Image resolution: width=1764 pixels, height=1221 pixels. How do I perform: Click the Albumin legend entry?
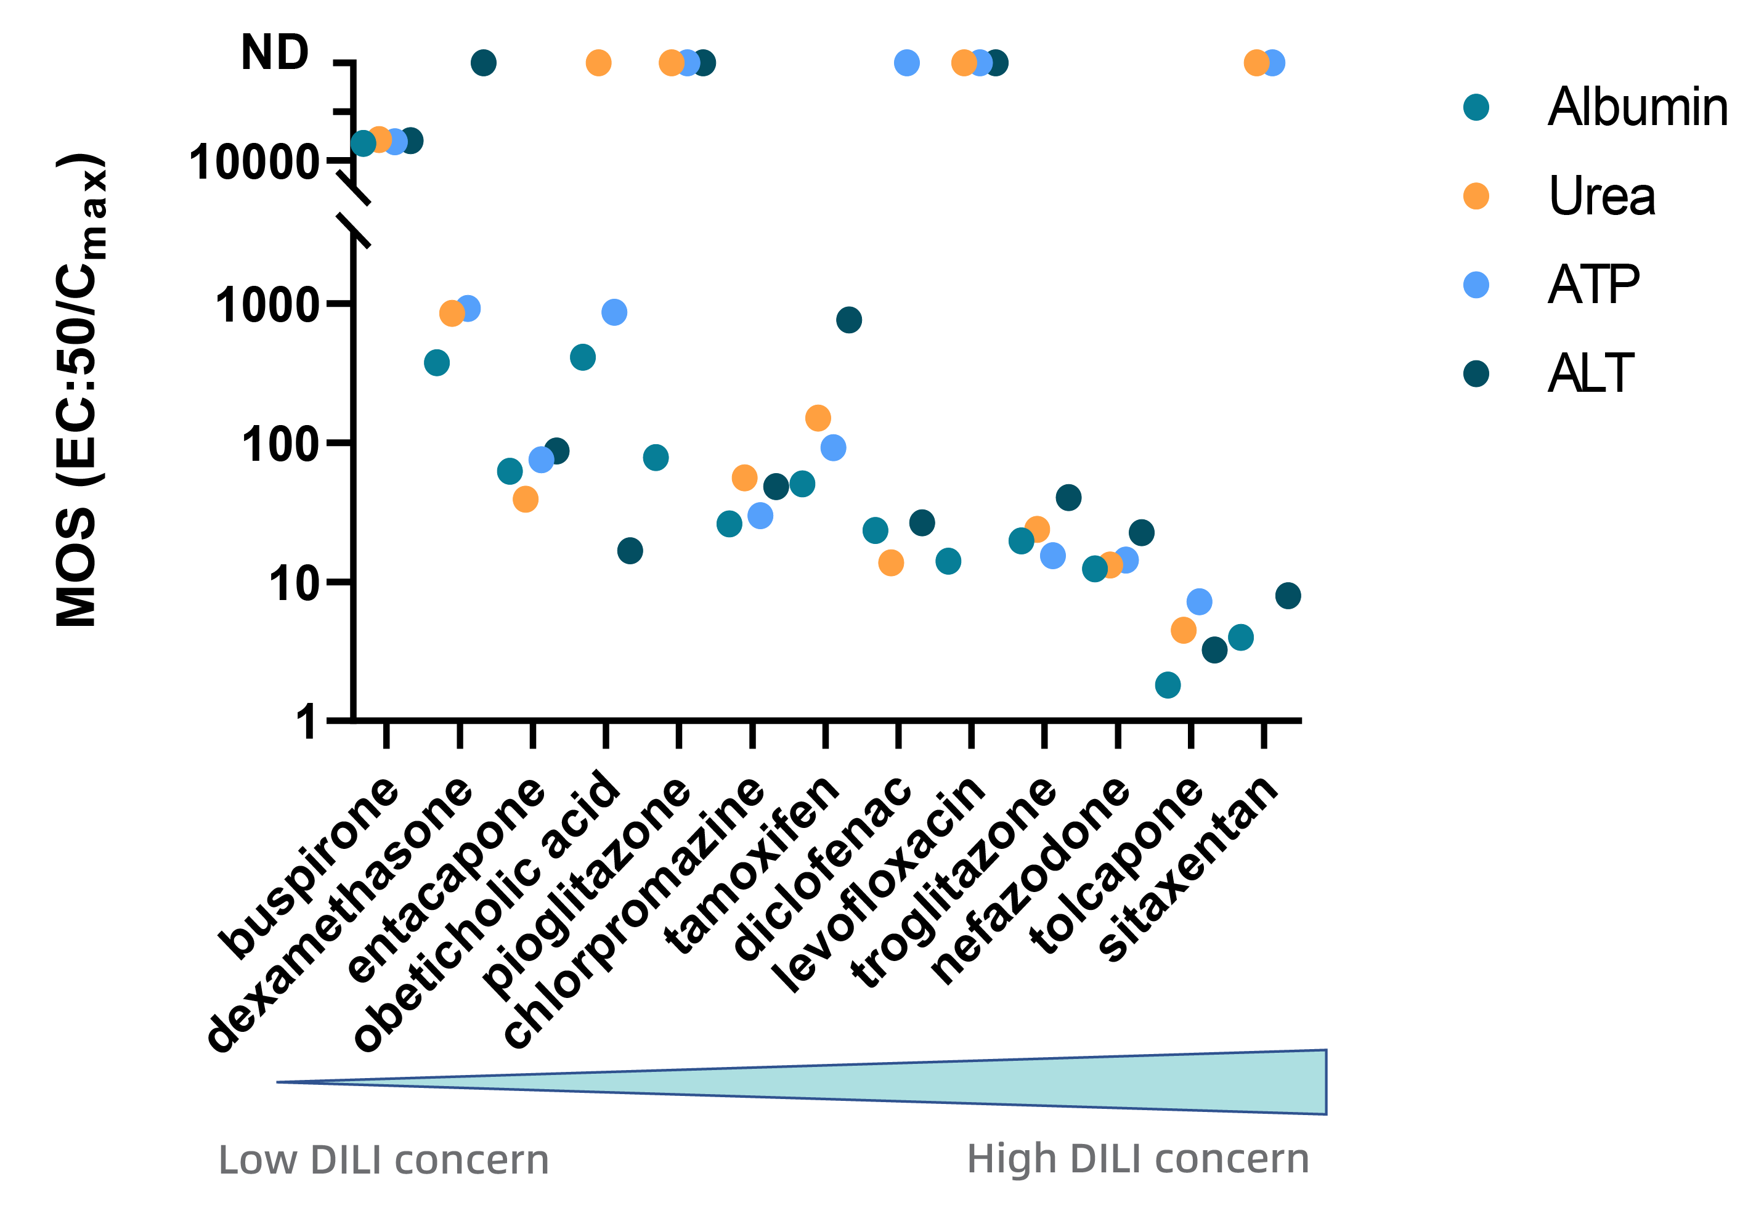click(x=1637, y=107)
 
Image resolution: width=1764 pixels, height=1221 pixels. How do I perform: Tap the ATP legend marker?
click(x=1476, y=285)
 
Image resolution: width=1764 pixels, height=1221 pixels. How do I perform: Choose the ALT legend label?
click(x=1590, y=373)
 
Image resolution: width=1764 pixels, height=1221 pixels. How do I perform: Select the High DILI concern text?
click(x=1137, y=1158)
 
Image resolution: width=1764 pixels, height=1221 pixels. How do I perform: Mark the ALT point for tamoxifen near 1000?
click(x=848, y=320)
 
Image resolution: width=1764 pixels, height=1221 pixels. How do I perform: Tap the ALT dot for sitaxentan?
click(x=1288, y=596)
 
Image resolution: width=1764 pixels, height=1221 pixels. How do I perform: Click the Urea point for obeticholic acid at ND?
click(x=598, y=63)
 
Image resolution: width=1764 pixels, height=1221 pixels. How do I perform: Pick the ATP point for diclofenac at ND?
click(x=906, y=63)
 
